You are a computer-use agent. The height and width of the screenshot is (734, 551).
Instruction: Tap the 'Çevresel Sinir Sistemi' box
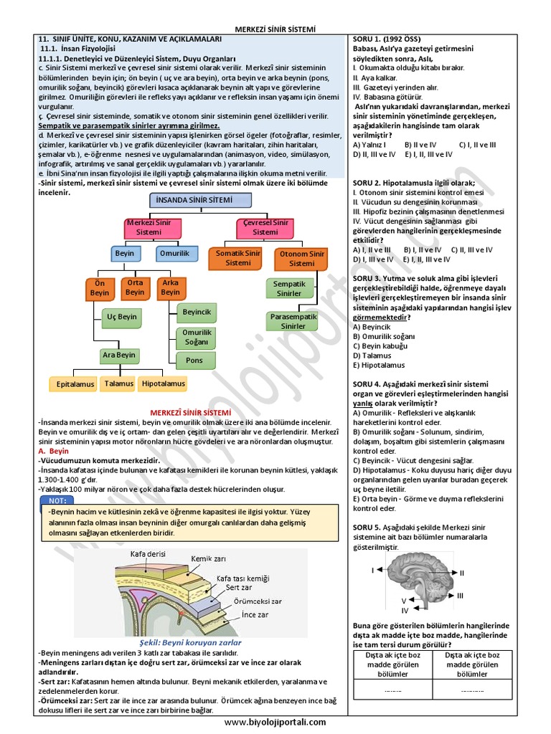point(265,227)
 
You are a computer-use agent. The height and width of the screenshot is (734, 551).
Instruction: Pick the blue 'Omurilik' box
point(174,254)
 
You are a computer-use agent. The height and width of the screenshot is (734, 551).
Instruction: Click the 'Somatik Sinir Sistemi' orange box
point(238,258)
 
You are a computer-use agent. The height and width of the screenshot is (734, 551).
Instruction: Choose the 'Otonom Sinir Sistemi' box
point(301,258)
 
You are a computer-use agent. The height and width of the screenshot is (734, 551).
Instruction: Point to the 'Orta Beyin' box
point(135,287)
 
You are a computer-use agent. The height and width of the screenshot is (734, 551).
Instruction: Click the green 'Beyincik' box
point(197,313)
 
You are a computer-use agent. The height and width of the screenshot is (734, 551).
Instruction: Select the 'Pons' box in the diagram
point(194,361)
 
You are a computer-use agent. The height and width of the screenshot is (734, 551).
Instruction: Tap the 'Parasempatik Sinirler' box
point(293,321)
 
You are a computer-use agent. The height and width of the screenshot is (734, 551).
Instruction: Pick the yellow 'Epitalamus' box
point(75,384)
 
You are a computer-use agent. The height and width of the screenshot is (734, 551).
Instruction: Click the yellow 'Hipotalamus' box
point(163,384)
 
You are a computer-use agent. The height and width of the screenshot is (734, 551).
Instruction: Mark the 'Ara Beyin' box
point(118,355)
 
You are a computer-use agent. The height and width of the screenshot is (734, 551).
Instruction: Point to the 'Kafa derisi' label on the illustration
point(147,553)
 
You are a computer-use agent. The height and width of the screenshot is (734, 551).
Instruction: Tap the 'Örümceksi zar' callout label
point(257,601)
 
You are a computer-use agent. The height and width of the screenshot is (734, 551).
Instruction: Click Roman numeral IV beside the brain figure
point(405,610)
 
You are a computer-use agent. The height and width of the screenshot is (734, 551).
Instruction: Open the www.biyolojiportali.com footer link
point(275,723)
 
